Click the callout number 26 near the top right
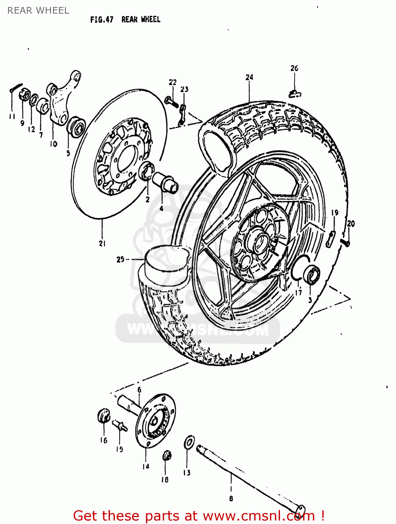tap(294, 68)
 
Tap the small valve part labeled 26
tap(295, 94)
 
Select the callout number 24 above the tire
tap(249, 77)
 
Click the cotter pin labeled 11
tap(16, 87)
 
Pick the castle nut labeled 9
tap(23, 95)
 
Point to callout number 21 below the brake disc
tap(102, 243)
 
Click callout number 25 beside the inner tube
tap(120, 260)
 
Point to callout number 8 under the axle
tap(231, 498)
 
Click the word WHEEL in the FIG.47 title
tap(151, 20)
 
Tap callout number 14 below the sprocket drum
tap(146, 466)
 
